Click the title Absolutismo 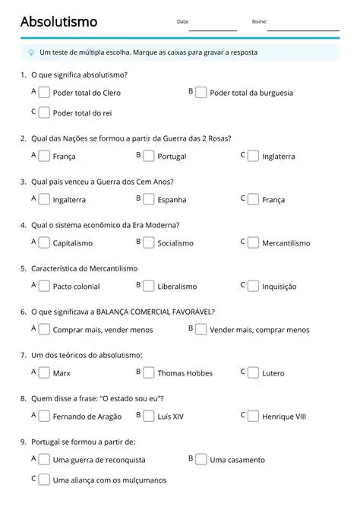click(58, 22)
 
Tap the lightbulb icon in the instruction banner click(31, 52)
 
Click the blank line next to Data click(213, 29)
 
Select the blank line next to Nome click(303, 29)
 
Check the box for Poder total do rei click(45, 112)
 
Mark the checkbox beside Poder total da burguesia click(201, 92)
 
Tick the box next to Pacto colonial click(45, 286)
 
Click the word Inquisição click(279, 287)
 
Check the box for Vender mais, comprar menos click(201, 329)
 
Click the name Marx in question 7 click(62, 373)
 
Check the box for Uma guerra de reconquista click(45, 459)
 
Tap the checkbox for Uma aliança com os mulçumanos click(45, 480)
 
